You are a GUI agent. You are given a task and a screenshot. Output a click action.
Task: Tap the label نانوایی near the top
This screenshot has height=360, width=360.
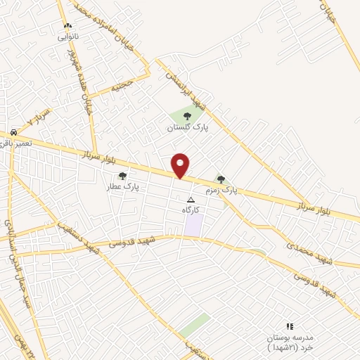pyautogui.click(x=67, y=36)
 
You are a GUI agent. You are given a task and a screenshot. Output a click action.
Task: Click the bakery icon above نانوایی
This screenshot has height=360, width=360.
pyautogui.click(x=67, y=27)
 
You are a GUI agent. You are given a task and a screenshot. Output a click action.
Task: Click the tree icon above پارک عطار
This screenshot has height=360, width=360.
pyautogui.click(x=122, y=176)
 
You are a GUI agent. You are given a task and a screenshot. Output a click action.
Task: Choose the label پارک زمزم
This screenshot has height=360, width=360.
pyautogui.click(x=221, y=191)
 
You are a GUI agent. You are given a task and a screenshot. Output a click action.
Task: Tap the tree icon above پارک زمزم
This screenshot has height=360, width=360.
pyautogui.click(x=221, y=179)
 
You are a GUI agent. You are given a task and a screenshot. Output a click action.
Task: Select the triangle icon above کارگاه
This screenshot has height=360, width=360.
pyautogui.click(x=191, y=200)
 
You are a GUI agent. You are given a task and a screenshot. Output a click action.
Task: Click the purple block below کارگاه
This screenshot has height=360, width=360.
pyautogui.click(x=193, y=225)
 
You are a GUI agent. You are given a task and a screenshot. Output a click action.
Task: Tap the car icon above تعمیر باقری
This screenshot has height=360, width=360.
pyautogui.click(x=14, y=132)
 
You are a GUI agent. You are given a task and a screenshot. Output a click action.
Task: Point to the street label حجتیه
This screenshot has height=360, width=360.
pyautogui.click(x=120, y=87)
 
